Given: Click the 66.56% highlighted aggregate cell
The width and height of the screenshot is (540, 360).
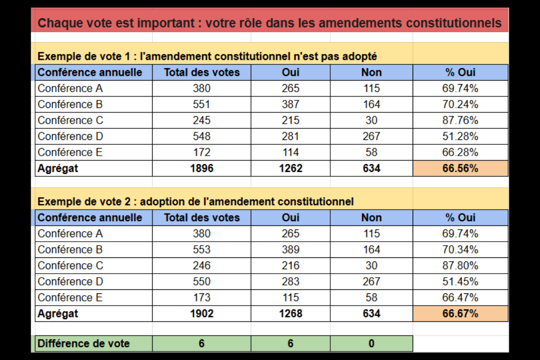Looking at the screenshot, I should tap(460, 168).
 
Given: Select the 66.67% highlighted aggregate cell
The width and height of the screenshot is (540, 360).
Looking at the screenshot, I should tap(460, 314).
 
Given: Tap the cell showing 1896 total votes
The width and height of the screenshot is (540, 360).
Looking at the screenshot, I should tap(202, 168).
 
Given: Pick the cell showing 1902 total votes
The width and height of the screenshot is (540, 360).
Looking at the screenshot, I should tap(202, 314).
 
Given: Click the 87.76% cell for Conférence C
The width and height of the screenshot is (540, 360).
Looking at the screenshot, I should tap(460, 121).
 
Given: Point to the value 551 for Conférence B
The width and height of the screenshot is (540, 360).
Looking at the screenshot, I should tap(202, 104).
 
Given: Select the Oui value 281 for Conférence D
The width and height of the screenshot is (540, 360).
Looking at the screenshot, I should tap(290, 136).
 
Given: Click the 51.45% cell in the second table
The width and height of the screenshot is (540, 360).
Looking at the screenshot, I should tap(460, 282).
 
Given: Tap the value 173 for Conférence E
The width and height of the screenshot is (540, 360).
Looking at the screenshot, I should tap(202, 297).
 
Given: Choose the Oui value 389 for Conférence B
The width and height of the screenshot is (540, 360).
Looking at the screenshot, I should tap(290, 250).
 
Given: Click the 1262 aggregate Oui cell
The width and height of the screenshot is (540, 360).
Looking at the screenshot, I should tap(290, 168).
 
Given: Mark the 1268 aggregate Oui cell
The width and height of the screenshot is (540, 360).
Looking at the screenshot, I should tap(290, 314).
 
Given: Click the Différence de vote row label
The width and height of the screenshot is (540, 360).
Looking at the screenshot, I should tap(84, 344).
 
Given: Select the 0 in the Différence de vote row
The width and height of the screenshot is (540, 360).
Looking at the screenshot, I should tap(371, 344).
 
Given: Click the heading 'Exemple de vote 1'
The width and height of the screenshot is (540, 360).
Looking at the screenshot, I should tap(85, 57).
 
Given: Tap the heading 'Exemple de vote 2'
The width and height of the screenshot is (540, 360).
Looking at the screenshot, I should tap(85, 202).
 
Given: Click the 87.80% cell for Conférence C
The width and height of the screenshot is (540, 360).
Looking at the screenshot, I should tap(460, 265).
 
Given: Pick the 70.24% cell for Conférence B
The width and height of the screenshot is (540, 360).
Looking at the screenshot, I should tap(460, 104).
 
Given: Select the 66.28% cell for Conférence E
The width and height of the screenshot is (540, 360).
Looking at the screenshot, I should tap(460, 152).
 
